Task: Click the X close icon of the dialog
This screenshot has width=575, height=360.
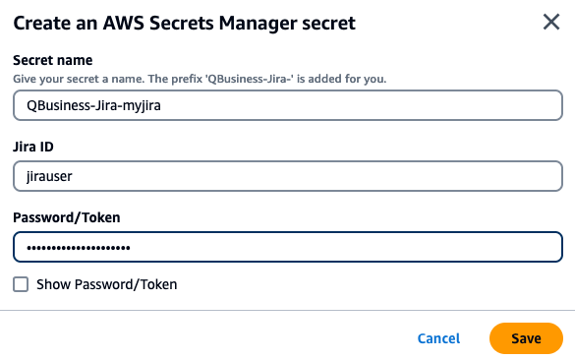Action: click(551, 22)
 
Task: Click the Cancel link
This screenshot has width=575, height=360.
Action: click(438, 338)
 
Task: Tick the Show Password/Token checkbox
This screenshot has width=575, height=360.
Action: click(21, 284)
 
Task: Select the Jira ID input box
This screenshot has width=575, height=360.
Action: click(287, 176)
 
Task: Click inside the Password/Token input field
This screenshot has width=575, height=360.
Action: click(287, 247)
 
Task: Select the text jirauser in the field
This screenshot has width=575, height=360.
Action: click(49, 176)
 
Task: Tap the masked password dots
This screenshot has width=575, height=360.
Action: click(78, 247)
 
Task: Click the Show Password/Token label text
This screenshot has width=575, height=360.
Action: click(106, 284)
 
